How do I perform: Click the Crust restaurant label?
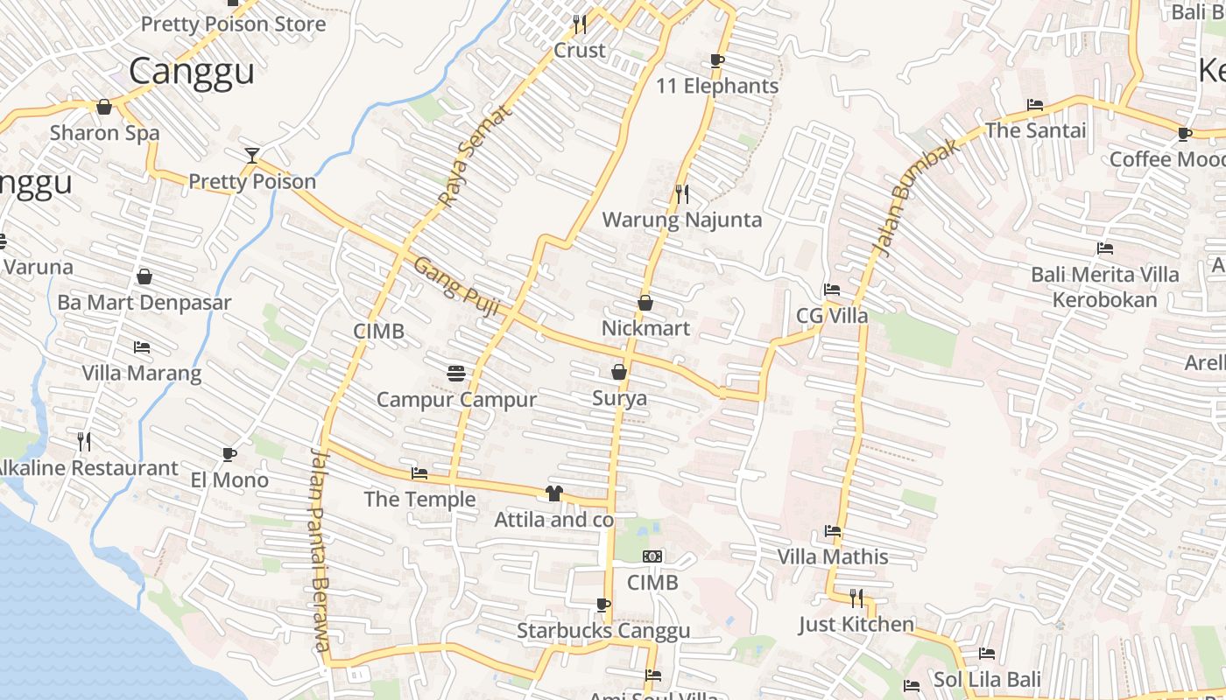[x=580, y=51]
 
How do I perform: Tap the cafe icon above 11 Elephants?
[x=717, y=60]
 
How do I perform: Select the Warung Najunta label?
[x=682, y=220]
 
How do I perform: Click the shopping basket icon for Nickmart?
[x=645, y=303]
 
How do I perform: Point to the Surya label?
[x=620, y=398]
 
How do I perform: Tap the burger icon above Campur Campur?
[x=455, y=374]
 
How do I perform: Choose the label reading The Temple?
[x=419, y=500]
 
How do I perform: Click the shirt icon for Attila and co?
[x=553, y=493]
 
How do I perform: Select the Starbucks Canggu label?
[x=603, y=631]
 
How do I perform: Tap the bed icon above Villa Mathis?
[x=833, y=531]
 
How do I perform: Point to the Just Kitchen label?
[x=856, y=625]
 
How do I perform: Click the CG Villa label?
[x=832, y=316]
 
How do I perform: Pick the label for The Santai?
[x=1035, y=130]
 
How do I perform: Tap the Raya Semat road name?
[x=473, y=157]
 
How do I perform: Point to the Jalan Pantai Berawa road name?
[x=321, y=551]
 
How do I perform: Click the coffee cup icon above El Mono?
[x=229, y=454]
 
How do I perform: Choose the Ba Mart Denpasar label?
[x=144, y=303]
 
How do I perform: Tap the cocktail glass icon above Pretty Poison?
[x=252, y=156]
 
